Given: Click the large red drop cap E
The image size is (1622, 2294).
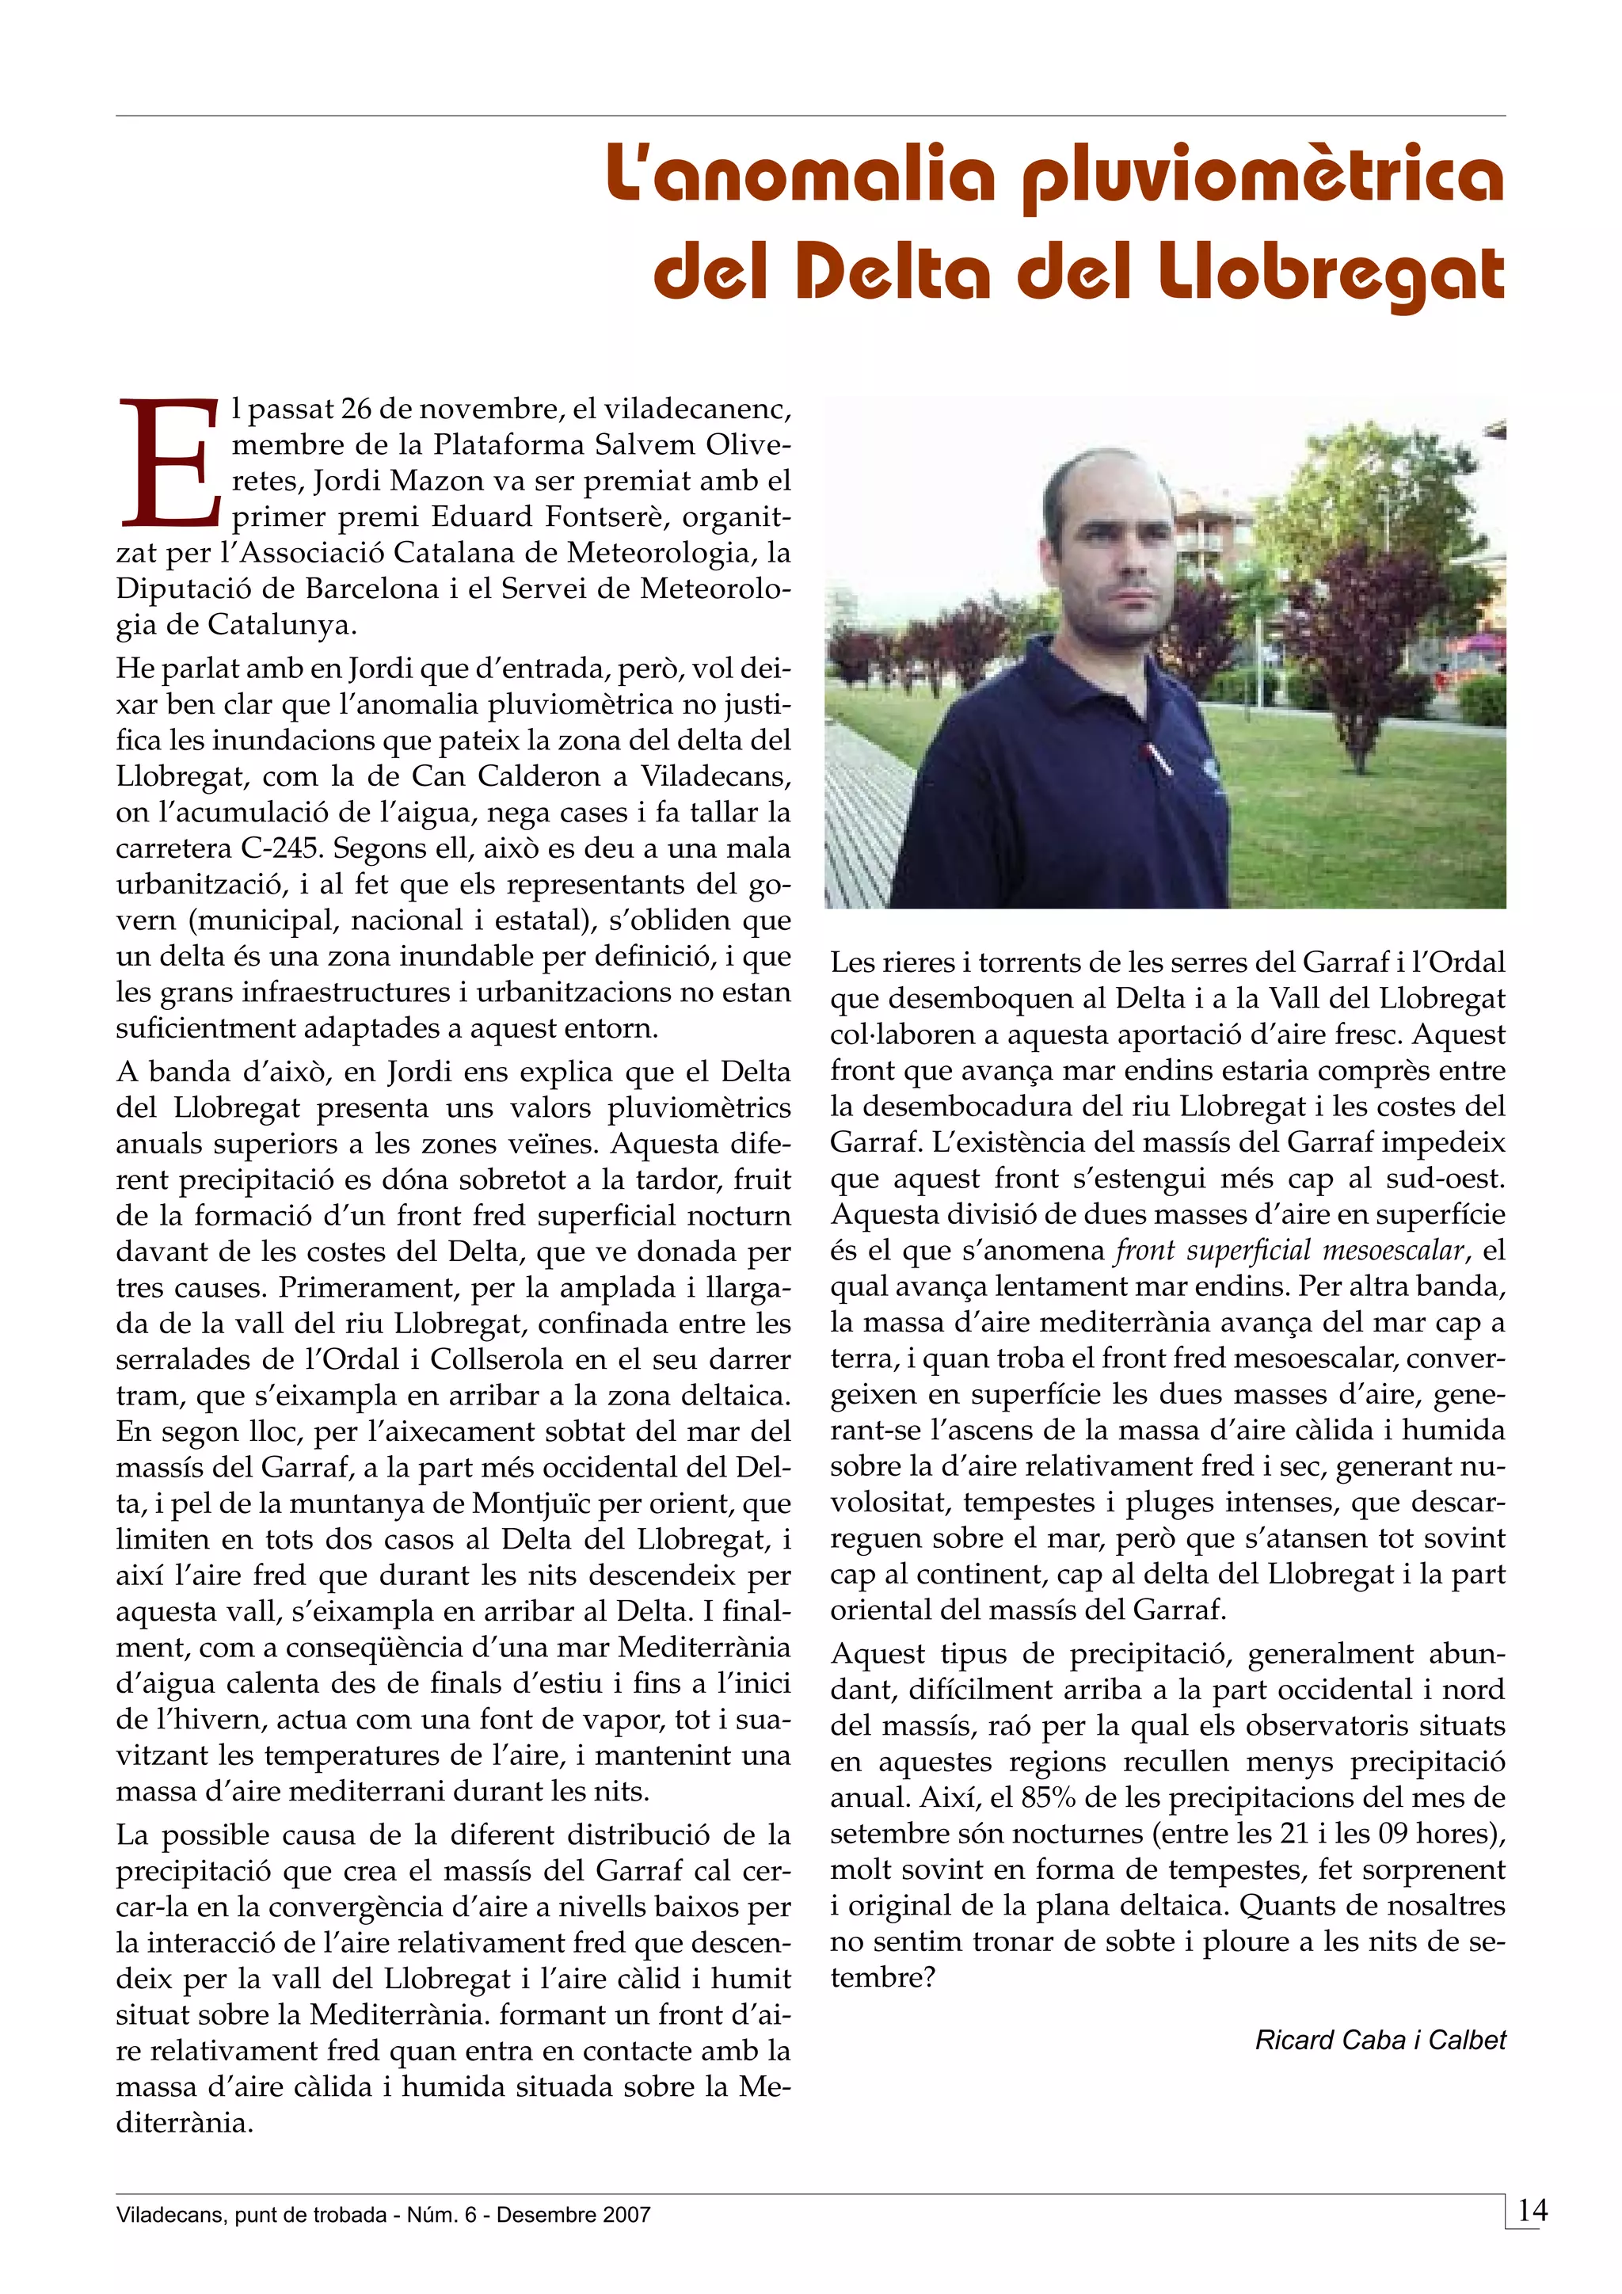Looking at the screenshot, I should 169,463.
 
